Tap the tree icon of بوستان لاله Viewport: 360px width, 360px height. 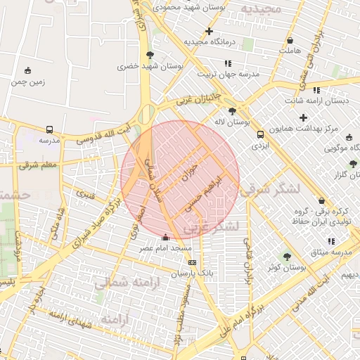pyautogui.click(x=232, y=111)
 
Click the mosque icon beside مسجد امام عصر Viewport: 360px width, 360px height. pyautogui.click(x=165, y=238)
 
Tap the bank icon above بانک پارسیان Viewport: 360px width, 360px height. pyautogui.click(x=193, y=262)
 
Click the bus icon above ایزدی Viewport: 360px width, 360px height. pyautogui.click(x=261, y=135)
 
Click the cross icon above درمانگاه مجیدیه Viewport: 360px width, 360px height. pyautogui.click(x=209, y=31)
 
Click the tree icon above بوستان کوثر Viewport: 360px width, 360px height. pyautogui.click(x=287, y=257)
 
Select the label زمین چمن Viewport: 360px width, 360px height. pyautogui.click(x=27, y=81)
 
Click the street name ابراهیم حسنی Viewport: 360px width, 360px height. pyautogui.click(x=205, y=194)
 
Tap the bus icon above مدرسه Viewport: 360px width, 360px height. pyautogui.click(x=49, y=130)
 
